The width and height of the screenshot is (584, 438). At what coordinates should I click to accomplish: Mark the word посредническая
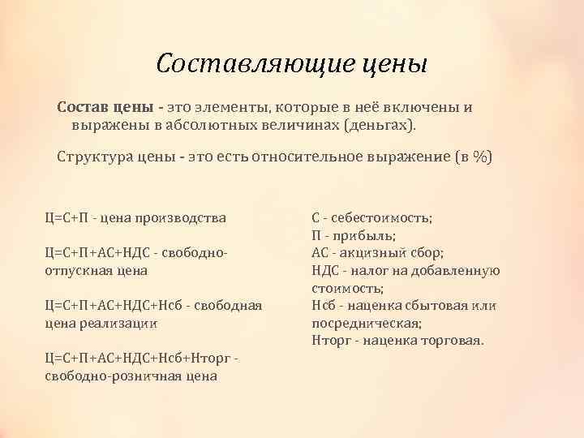361,322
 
